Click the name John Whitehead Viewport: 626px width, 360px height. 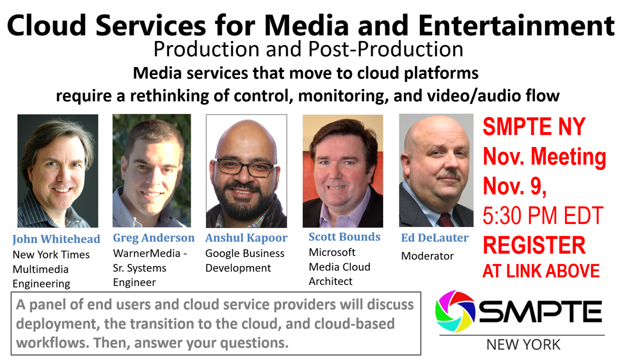[56, 239]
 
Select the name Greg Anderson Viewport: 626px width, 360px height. [154, 238]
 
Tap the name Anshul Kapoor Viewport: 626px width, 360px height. [246, 238]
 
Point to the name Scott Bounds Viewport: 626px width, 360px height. [344, 237]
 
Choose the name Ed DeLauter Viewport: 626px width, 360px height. [435, 237]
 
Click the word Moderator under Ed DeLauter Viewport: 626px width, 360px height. [427, 256]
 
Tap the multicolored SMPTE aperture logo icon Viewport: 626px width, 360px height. [455, 311]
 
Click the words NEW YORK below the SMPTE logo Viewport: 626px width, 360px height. [523, 344]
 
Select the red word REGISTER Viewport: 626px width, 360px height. [534, 245]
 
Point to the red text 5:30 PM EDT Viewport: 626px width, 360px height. [543, 215]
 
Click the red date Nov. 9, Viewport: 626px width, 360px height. [514, 186]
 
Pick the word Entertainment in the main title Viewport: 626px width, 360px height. [516, 25]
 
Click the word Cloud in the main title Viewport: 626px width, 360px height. [47, 25]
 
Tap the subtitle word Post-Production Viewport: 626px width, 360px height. [386, 49]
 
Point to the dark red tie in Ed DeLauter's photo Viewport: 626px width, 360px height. [446, 220]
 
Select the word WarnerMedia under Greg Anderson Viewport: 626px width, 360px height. [147, 253]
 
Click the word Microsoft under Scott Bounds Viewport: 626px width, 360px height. [332, 252]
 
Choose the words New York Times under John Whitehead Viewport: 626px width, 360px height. [51, 254]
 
